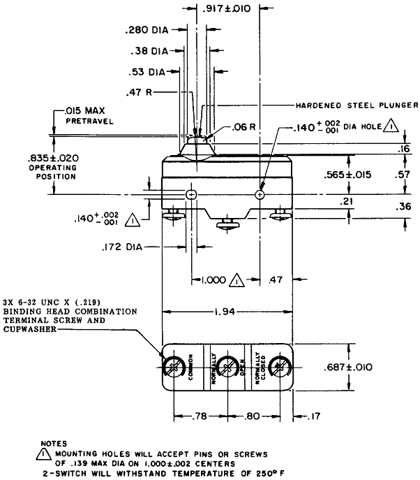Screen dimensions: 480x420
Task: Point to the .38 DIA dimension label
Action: (150, 51)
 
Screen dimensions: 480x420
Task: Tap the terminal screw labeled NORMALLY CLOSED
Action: (278, 367)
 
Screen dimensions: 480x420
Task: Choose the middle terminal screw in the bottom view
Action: (227, 367)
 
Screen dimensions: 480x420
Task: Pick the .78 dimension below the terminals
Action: (200, 417)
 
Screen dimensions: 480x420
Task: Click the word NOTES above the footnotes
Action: (54, 443)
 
